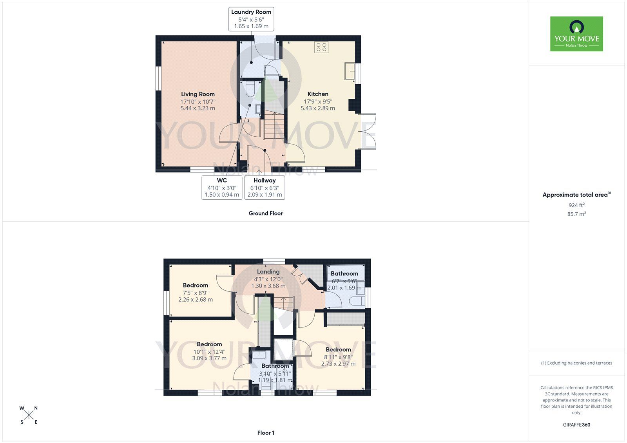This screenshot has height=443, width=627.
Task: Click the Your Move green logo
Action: click(x=576, y=34)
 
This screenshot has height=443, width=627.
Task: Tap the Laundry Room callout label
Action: click(x=251, y=19)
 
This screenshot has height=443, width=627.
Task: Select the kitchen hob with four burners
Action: click(x=321, y=47)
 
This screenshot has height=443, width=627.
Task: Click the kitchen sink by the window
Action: click(x=350, y=71)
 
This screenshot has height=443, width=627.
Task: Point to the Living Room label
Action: click(x=198, y=94)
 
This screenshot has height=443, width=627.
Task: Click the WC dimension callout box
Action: click(x=222, y=187)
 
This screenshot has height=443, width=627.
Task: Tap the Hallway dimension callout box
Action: click(x=265, y=187)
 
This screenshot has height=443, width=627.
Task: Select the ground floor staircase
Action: click(x=273, y=125)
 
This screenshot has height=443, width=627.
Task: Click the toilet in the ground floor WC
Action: click(x=250, y=89)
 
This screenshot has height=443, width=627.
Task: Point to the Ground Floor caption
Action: click(x=265, y=213)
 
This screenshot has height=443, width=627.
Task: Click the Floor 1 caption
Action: click(x=265, y=433)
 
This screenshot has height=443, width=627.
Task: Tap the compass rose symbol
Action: click(x=29, y=415)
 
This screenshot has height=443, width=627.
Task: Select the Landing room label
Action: click(x=268, y=271)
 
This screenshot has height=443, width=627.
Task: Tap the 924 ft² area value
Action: click(x=576, y=205)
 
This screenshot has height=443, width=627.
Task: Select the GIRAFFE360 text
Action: click(x=576, y=425)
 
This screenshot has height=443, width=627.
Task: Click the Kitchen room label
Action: click(x=318, y=94)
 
